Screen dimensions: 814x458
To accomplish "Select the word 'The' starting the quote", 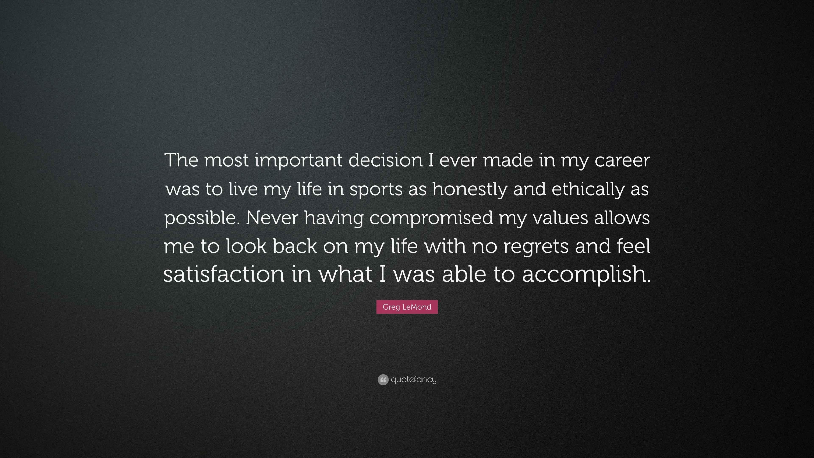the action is pos(181,160).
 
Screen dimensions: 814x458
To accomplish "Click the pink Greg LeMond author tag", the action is pos(407,307).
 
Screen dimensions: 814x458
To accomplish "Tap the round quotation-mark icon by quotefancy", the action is pos(383,380).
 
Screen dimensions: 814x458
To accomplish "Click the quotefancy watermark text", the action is pos(414,380).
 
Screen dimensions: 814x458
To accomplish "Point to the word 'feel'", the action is pos(634,246).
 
